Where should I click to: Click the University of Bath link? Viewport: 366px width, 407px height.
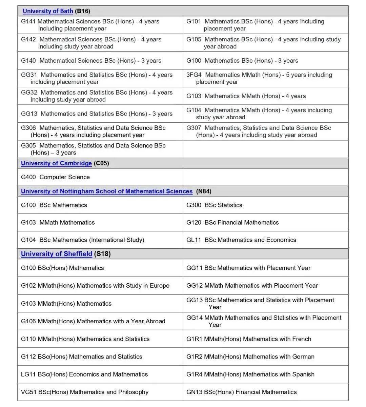coord(48,11)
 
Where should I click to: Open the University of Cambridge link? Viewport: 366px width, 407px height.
coord(56,163)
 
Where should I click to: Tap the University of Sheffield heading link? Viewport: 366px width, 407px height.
coord(56,254)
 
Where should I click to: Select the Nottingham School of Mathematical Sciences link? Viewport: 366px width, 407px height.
coord(106,191)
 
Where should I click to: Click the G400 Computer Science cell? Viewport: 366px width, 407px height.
coord(55,177)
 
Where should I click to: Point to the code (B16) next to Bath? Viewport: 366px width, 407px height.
coord(82,11)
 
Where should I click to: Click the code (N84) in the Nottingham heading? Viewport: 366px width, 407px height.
coord(204,191)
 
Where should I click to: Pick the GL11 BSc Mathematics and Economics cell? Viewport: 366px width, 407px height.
coord(241,240)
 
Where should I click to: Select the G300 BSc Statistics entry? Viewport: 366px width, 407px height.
coord(214,205)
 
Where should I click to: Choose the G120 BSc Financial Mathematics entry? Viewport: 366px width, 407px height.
coord(232,223)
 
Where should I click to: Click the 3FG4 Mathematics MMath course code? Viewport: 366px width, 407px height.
coord(194,75)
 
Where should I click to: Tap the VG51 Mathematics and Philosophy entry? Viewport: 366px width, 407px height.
coord(85,392)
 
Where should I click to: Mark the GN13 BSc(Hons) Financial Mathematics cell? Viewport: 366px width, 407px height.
coord(241,392)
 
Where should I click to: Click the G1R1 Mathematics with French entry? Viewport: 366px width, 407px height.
coord(248,339)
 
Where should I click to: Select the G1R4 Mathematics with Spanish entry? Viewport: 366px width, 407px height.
coord(250,374)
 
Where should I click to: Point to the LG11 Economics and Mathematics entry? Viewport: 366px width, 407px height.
coord(84,374)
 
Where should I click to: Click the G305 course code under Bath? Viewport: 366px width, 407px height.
coord(28,146)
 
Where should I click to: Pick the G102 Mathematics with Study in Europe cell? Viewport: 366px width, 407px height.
coord(95,286)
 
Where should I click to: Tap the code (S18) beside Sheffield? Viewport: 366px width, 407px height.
coord(102,254)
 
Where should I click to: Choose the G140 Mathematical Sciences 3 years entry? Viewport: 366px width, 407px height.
coord(91,61)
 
